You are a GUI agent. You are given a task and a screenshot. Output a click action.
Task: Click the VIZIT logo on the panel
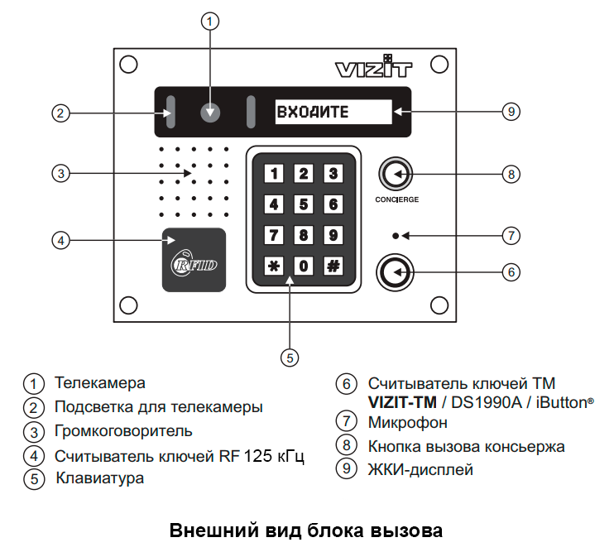372,69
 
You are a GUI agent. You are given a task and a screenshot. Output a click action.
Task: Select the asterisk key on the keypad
274,266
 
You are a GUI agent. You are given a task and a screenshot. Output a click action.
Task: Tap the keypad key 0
304,266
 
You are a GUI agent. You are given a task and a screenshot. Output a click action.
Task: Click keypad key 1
274,174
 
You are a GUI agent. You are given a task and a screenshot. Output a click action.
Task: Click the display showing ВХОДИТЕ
333,113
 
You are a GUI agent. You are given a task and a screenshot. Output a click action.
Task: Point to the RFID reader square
194,259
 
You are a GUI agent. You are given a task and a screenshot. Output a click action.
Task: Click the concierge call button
396,175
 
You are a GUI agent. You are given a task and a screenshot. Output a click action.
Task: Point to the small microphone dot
396,236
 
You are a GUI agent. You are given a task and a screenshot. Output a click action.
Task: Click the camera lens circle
211,112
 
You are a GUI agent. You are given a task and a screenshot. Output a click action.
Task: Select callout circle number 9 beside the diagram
511,112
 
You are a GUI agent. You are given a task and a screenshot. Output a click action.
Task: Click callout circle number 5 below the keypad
289,357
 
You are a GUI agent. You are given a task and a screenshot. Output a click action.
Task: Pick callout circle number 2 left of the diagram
59,113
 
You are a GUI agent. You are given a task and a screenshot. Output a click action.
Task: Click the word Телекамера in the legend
99,383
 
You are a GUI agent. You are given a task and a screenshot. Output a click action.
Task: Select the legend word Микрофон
407,423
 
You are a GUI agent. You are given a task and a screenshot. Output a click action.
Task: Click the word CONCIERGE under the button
396,200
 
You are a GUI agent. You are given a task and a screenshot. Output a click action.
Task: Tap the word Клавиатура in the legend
99,478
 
